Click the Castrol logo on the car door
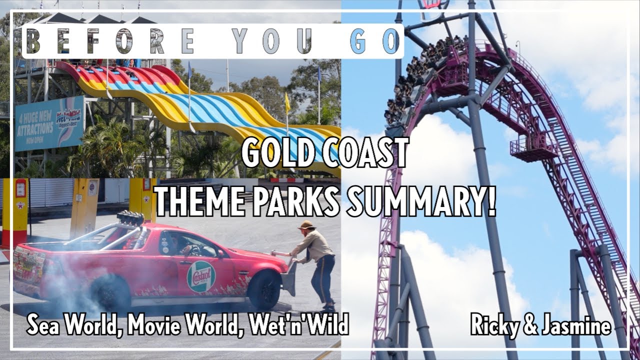pyautogui.click(x=201, y=276)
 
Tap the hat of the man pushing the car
pyautogui.click(x=306, y=225)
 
